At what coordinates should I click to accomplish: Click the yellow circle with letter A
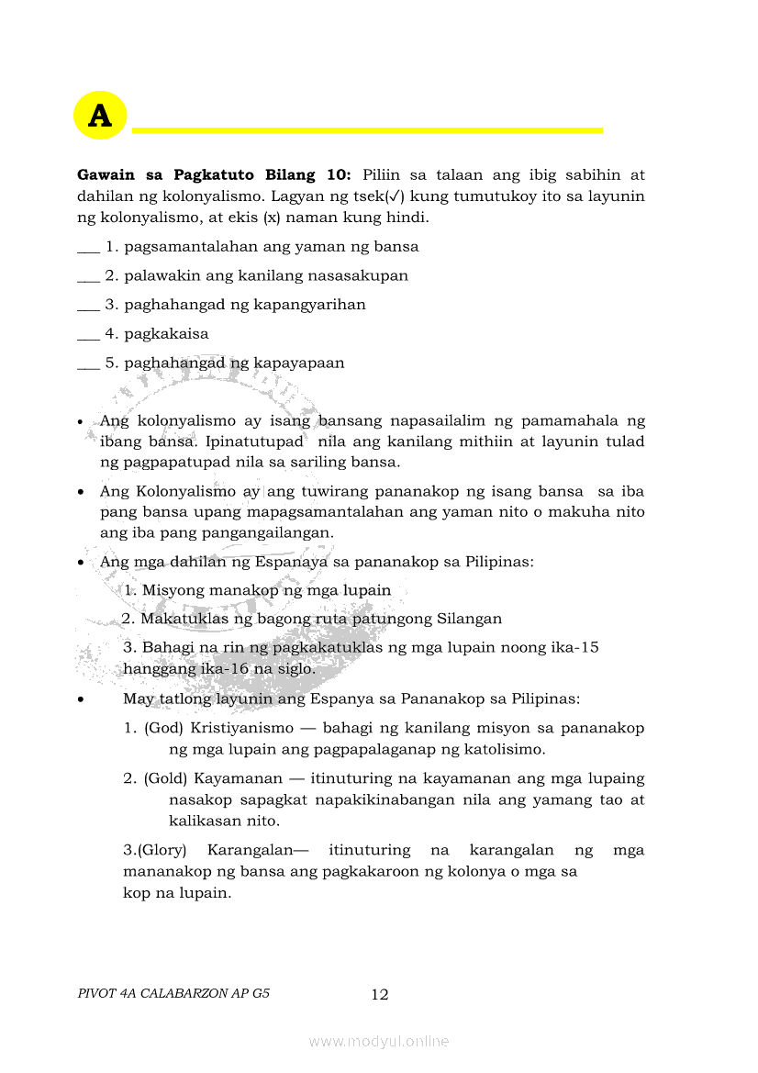(100, 116)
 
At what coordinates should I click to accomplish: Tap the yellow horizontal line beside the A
(367, 130)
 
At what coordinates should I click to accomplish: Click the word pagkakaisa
(166, 334)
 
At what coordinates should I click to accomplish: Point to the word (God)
(164, 728)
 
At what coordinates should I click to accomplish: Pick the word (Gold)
(166, 778)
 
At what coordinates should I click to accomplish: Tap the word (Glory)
(162, 850)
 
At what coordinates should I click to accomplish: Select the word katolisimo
(504, 749)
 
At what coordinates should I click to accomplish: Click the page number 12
(380, 994)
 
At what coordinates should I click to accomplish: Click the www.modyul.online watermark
(379, 1041)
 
